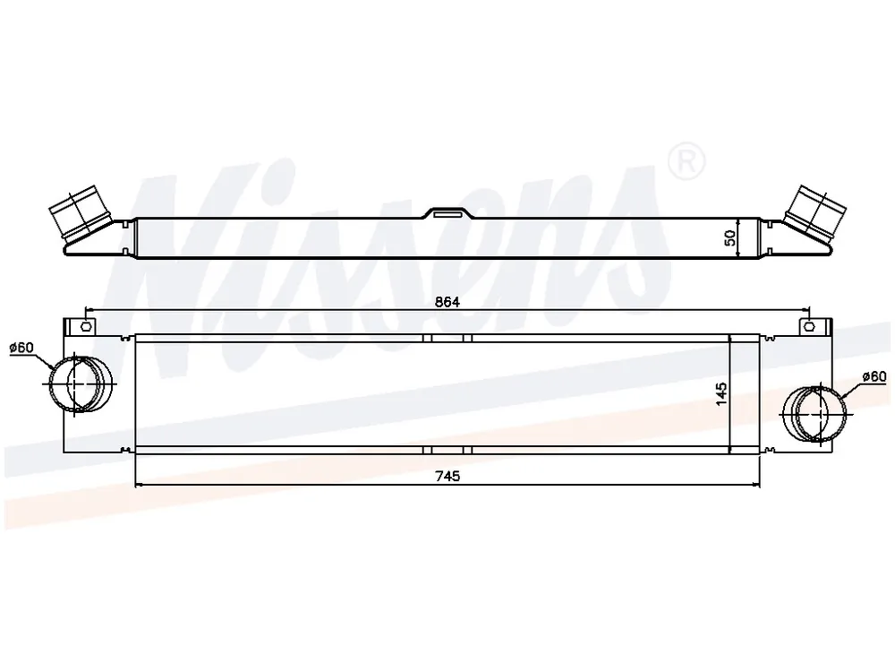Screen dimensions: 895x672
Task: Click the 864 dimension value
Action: (447, 302)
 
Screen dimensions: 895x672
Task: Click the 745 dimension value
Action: (447, 476)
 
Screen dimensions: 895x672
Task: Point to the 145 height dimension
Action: (721, 394)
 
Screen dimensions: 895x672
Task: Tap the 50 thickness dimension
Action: (730, 237)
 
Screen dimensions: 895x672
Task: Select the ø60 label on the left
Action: (21, 348)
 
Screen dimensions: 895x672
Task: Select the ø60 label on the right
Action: (874, 376)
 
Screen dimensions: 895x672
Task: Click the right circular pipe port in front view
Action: (814, 414)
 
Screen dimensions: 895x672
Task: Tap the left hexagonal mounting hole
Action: (86, 327)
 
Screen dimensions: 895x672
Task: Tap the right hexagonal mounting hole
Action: (809, 327)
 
